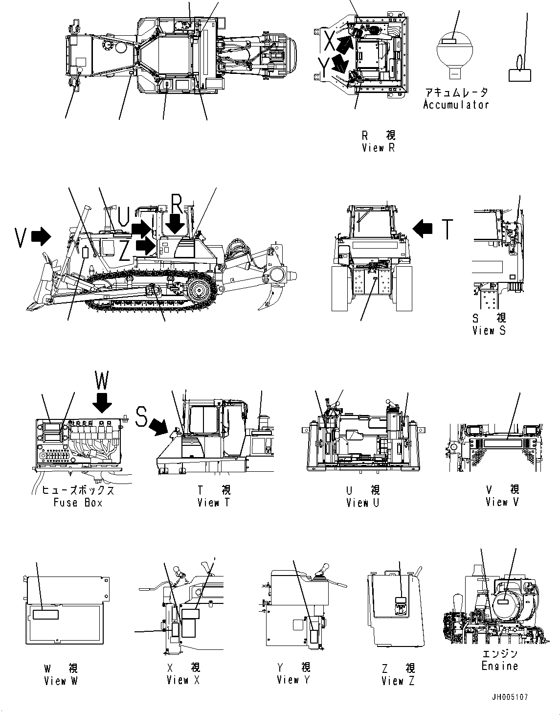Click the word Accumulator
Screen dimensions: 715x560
456,105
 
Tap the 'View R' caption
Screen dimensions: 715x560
378,147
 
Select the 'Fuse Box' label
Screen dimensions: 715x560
78,503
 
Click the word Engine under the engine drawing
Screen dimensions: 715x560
499,666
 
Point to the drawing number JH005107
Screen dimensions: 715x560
510,697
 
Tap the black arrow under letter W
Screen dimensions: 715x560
102,402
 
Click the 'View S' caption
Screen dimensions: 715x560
489,330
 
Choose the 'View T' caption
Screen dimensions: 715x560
213,503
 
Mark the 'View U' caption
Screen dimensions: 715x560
362,503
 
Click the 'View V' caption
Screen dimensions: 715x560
502,502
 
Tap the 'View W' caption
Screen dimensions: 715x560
61,681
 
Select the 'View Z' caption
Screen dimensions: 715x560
398,681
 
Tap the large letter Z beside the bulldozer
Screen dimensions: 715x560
125,251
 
